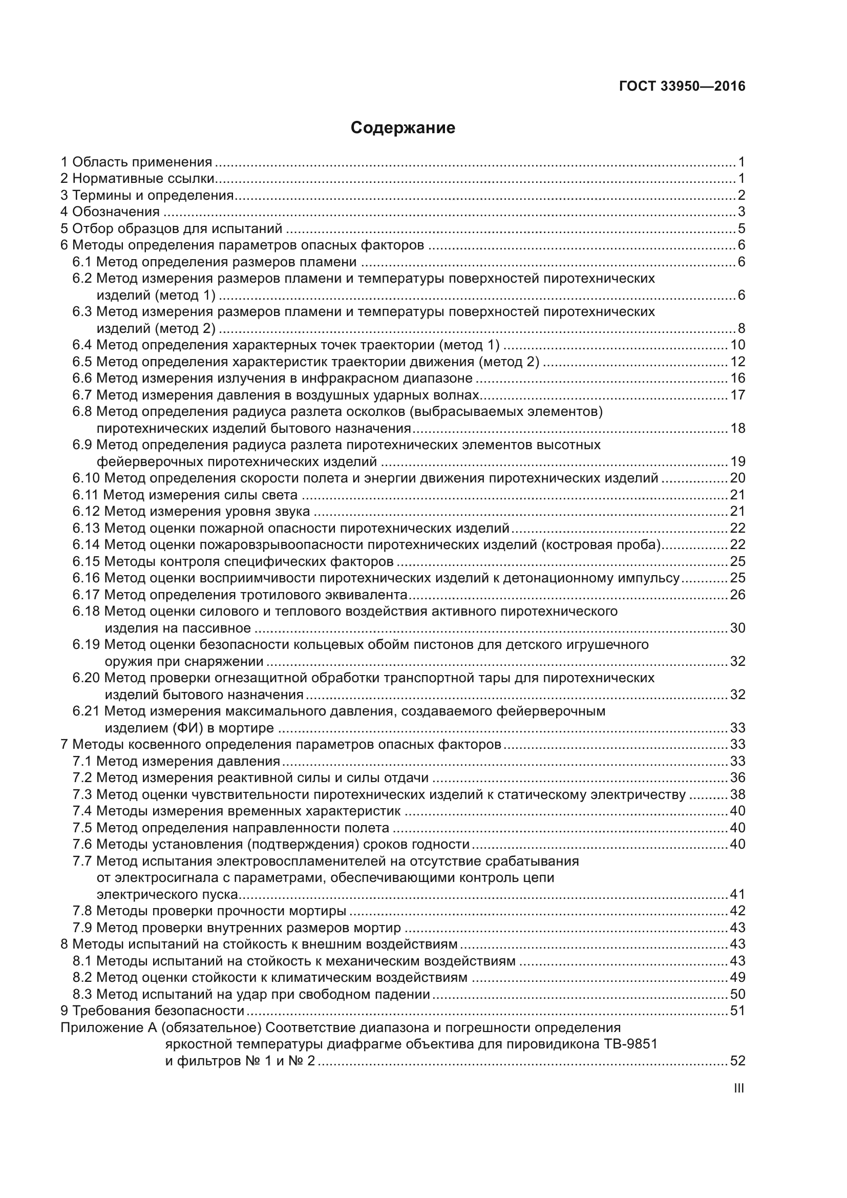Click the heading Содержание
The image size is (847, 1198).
tap(403, 128)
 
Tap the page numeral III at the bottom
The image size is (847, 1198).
tap(738, 1088)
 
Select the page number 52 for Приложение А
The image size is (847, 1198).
tap(737, 1060)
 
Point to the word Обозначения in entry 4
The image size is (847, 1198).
tap(115, 212)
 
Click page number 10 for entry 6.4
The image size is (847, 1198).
tap(737, 345)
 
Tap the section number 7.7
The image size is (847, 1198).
tap(82, 860)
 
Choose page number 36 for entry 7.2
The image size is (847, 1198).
tap(737, 777)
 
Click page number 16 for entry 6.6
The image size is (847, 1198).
tap(737, 379)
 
